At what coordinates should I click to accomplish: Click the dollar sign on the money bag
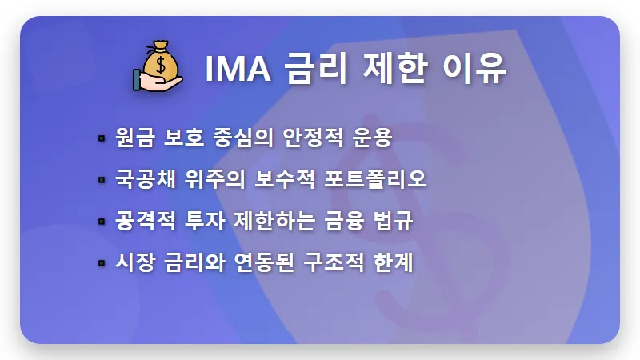[x=161, y=62]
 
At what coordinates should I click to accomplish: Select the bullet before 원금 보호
[x=102, y=138]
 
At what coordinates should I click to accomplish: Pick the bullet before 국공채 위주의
[x=102, y=179]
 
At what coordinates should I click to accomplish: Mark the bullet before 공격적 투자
[x=102, y=221]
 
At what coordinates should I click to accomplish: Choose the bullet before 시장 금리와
[x=102, y=262]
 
